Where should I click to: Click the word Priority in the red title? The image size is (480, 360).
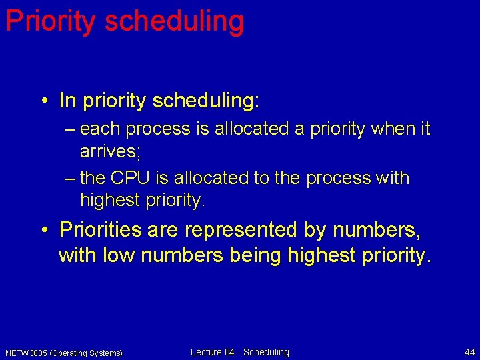click(50, 21)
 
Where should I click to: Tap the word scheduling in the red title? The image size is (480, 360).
click(174, 21)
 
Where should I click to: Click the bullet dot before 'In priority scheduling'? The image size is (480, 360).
click(43, 101)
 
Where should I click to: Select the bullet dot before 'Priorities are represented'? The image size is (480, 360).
click(43, 231)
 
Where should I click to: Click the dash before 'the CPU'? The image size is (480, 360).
click(71, 179)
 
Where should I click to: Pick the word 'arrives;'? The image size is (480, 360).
click(110, 151)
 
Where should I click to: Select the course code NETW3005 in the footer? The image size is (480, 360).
click(26, 353)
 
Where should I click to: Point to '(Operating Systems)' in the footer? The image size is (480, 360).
click(86, 353)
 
